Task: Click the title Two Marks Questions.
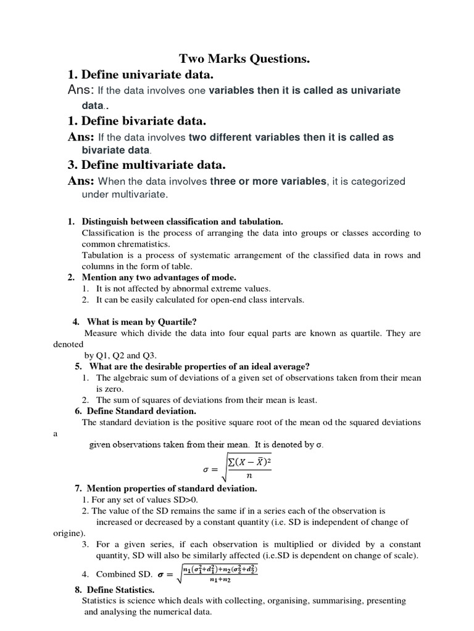point(244,59)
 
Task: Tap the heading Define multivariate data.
point(146,165)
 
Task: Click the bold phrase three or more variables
point(268,181)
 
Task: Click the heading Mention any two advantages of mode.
point(159,277)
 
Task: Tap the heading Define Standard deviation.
point(141,410)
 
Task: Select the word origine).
point(70,533)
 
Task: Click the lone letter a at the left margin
point(56,433)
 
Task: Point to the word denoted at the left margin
point(68,344)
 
